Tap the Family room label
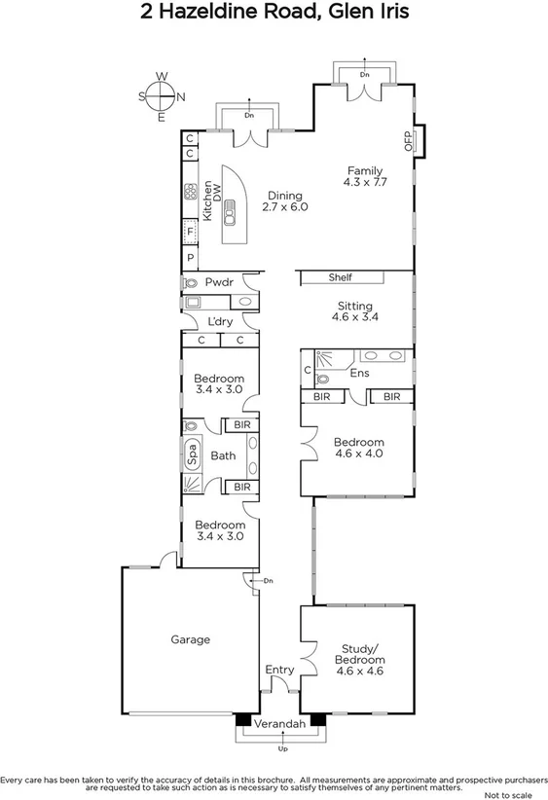[x=365, y=176]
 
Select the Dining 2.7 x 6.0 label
[x=285, y=201]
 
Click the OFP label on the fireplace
[x=409, y=140]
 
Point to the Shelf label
[x=340, y=277]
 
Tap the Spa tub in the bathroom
[x=193, y=455]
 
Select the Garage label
[x=191, y=639]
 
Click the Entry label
[x=279, y=670]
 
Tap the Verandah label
[x=279, y=725]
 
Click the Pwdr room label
[x=217, y=282]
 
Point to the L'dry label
[x=219, y=321]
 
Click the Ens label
[x=359, y=372]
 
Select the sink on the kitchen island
[x=234, y=205]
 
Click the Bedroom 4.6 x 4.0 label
[x=358, y=448]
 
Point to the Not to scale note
[x=517, y=794]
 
